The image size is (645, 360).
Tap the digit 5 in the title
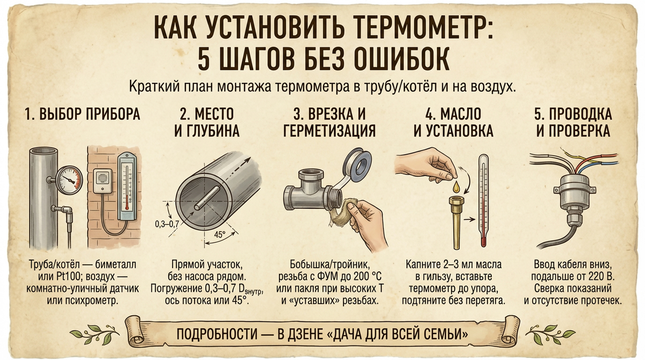point(204,59)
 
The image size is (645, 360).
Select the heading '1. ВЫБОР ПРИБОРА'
point(82,114)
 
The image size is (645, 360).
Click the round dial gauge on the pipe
point(69,180)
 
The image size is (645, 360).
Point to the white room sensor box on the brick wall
point(103,181)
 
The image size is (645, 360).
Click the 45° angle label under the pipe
point(220,235)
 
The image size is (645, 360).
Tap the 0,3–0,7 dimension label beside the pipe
point(167,224)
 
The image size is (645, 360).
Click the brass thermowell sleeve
point(457,221)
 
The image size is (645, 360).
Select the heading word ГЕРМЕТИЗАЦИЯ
point(329,131)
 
